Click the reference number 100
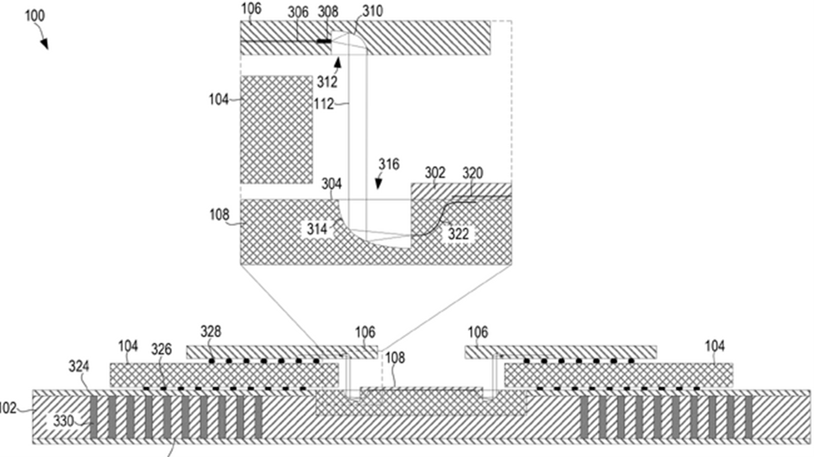[x=35, y=16]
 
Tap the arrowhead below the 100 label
[x=44, y=44]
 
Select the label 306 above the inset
[x=298, y=12]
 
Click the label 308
[x=328, y=12]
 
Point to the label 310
[x=373, y=11]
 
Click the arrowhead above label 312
[x=338, y=62]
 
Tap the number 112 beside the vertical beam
[x=324, y=104]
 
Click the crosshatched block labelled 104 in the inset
[x=276, y=130]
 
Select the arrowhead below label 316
[x=379, y=183]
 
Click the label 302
[x=435, y=173]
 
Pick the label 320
[x=473, y=173]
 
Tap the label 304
[x=331, y=184]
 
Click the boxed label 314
[x=317, y=229]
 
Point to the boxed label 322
[x=458, y=234]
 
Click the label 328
[x=211, y=331]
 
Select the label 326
[x=161, y=349]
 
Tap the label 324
[x=79, y=366]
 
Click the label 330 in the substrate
[x=63, y=422]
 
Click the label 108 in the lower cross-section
[x=395, y=358]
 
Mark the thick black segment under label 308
[x=324, y=41]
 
